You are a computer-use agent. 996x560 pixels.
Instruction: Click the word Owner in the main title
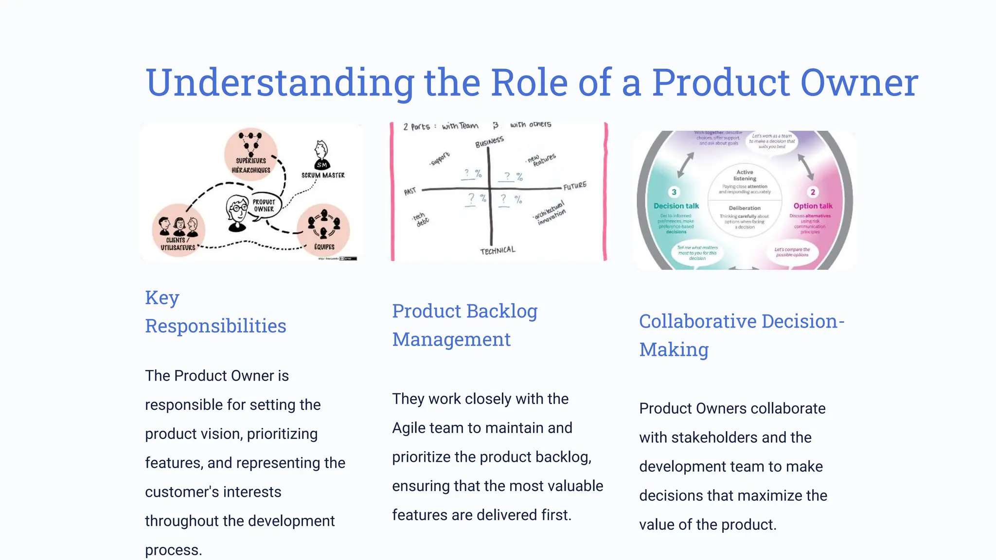click(x=859, y=83)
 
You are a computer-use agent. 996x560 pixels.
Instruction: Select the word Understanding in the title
click(x=280, y=83)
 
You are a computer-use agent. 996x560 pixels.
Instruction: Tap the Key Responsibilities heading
click(x=215, y=312)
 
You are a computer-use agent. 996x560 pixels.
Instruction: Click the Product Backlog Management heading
click(x=464, y=325)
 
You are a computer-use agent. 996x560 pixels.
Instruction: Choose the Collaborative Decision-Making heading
click(x=741, y=335)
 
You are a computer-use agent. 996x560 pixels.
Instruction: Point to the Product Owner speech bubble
click(x=264, y=206)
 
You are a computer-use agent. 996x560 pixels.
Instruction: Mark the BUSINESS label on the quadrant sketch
click(x=489, y=142)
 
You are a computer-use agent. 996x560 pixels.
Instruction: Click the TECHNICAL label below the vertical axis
click(x=497, y=250)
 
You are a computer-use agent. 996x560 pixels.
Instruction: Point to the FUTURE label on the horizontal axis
click(x=575, y=186)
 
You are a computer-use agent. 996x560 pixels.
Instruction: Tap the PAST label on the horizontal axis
click(x=410, y=191)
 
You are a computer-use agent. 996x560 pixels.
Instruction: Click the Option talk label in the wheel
click(x=813, y=206)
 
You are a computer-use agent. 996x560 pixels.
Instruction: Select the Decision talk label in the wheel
click(x=676, y=206)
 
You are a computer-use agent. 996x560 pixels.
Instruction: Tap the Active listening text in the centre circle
click(x=745, y=175)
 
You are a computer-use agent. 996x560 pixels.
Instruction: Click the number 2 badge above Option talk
click(x=813, y=192)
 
